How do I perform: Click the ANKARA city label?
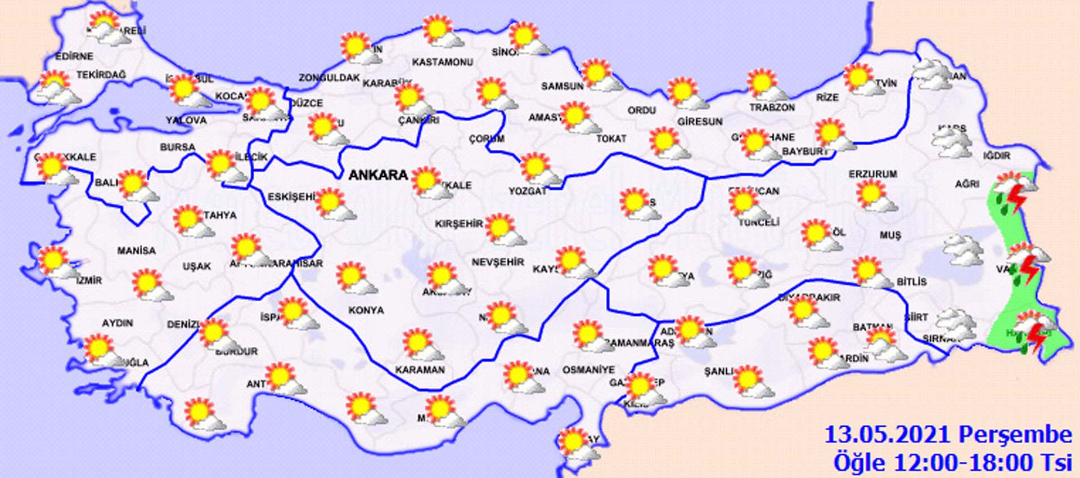tap(378, 175)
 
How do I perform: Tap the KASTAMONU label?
tap(442, 62)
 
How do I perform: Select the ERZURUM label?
tap(872, 175)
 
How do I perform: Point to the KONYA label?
tap(366, 310)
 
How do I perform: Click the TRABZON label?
tap(772, 107)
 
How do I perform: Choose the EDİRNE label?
tap(74, 57)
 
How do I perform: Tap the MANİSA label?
tap(136, 251)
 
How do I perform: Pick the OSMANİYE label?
tap(588, 370)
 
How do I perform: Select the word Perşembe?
tap(1015, 435)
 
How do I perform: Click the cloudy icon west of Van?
tap(963, 251)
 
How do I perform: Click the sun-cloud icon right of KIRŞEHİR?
tap(504, 230)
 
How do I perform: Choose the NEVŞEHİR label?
tap(497, 262)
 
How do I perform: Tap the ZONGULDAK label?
tap(328, 78)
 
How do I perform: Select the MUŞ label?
tap(890, 235)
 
